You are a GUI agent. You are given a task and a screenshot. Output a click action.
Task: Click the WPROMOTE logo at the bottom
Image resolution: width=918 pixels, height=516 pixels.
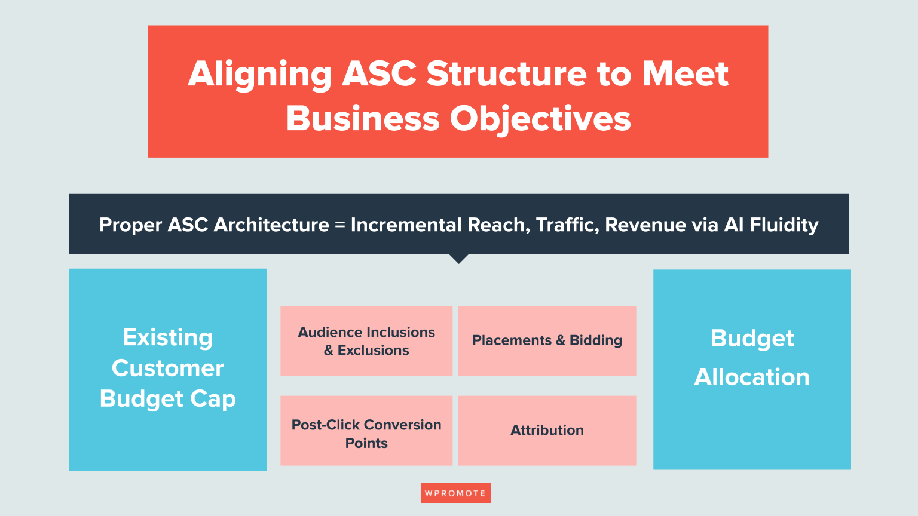click(456, 493)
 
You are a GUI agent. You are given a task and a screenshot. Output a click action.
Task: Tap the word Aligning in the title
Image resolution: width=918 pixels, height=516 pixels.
click(260, 75)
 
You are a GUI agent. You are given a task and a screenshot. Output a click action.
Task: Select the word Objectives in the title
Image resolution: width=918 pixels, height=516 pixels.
click(540, 119)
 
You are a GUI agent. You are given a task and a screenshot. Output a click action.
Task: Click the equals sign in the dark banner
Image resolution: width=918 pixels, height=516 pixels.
click(339, 225)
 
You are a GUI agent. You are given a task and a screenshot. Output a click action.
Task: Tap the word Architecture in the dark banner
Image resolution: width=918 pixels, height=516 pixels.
click(271, 225)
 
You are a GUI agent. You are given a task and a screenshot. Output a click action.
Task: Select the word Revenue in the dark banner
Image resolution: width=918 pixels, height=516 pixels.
click(645, 225)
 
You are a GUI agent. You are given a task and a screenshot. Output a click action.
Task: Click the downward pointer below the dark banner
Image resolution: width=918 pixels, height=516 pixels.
click(459, 259)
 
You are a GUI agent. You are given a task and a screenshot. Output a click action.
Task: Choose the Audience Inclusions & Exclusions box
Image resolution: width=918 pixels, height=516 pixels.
click(366, 341)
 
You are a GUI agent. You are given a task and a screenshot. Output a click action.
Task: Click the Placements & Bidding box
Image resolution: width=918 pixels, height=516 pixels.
click(547, 341)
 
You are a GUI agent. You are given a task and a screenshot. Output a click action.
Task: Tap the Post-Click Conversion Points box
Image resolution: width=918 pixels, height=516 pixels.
click(366, 431)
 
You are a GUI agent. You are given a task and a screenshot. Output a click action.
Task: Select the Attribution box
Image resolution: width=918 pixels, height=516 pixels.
click(547, 431)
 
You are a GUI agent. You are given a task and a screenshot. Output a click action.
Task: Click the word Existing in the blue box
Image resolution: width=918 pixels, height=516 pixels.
click(167, 338)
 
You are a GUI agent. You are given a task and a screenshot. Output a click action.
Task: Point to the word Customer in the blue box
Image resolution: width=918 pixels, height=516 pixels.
click(167, 368)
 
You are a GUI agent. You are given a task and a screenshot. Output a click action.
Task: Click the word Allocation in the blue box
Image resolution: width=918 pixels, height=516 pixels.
click(752, 377)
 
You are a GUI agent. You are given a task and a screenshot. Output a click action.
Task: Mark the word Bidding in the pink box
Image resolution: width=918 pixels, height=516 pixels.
click(596, 341)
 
